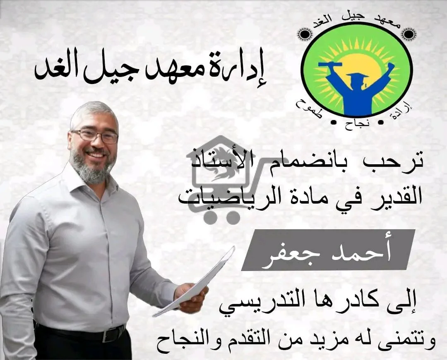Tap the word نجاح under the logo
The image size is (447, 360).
[356, 125]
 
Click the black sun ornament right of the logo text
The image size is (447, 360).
[409, 34]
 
